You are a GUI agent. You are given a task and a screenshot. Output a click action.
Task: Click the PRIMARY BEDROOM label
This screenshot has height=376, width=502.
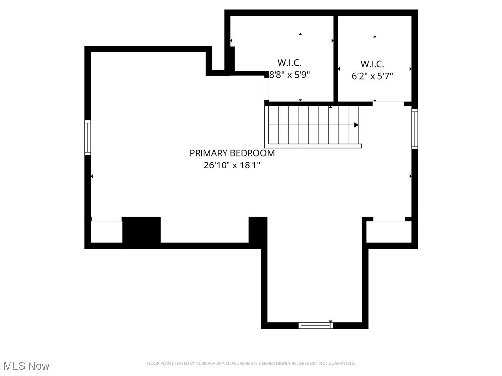click(x=232, y=153)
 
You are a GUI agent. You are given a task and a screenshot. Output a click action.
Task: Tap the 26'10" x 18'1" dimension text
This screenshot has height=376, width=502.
click(x=232, y=165)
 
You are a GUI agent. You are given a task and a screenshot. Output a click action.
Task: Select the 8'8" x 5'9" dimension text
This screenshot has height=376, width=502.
click(x=290, y=75)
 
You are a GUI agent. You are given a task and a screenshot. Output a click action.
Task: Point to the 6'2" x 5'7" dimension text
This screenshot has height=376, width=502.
click(x=373, y=76)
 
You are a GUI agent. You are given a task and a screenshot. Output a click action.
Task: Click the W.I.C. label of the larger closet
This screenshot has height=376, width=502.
click(x=289, y=63)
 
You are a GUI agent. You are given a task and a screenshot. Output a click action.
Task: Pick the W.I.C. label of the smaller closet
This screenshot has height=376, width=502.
click(x=373, y=64)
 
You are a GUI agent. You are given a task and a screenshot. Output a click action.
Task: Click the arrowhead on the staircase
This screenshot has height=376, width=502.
click(x=356, y=125)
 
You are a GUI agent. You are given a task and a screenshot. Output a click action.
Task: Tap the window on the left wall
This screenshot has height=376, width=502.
click(x=88, y=138)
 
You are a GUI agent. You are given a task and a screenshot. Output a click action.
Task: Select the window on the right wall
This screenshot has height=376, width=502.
click(x=415, y=129)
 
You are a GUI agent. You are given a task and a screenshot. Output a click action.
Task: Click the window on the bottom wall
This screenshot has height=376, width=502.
click(x=316, y=325)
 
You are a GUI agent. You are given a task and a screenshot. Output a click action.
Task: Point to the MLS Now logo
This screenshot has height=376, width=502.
click(x=26, y=366)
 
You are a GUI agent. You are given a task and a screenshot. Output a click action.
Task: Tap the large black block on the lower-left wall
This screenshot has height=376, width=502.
click(x=141, y=230)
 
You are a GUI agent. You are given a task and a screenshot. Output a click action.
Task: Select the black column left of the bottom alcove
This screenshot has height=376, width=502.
click(x=258, y=230)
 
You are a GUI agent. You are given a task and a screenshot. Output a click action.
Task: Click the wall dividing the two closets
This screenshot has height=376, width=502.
click(x=336, y=58)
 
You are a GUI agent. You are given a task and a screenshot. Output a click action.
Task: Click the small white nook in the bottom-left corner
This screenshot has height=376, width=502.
click(x=106, y=232)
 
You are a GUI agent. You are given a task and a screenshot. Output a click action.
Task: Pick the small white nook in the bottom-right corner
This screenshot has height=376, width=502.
click(x=389, y=232)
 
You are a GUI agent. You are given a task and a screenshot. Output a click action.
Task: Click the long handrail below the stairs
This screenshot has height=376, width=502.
click(x=314, y=146)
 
